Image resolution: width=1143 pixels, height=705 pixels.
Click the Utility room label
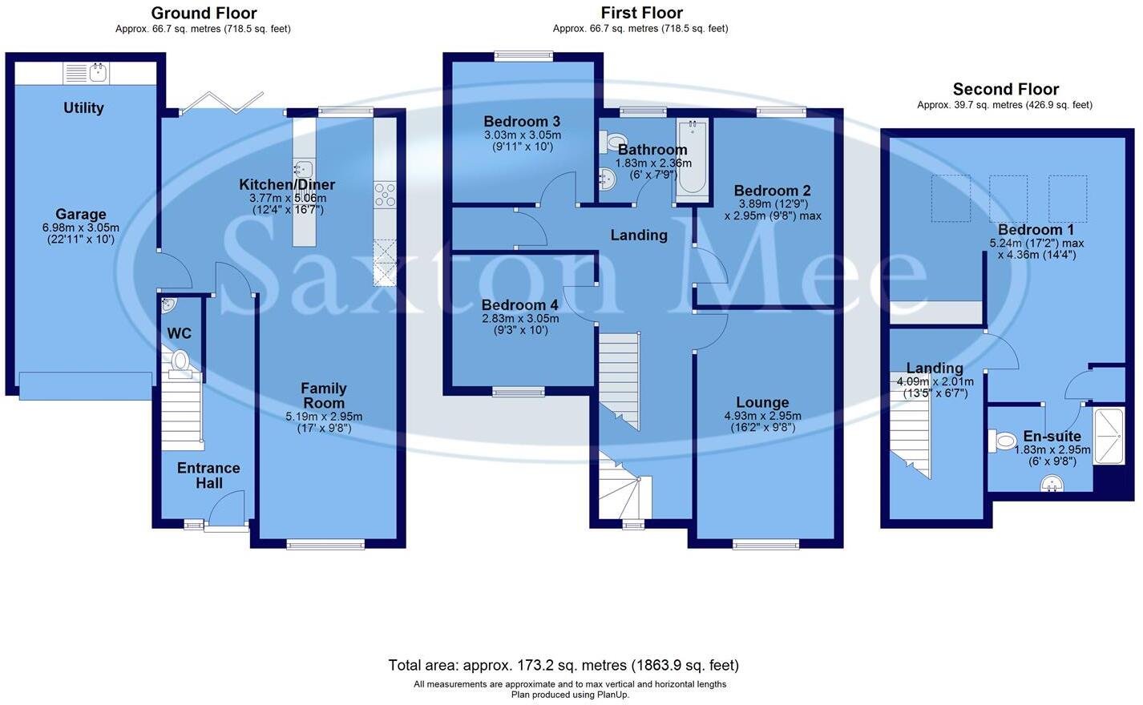pos(83,108)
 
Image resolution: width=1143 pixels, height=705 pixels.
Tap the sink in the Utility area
pos(99,74)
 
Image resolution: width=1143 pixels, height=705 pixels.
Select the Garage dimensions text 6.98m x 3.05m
pos(80,228)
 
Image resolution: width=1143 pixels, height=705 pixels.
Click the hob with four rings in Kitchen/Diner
pos(385,195)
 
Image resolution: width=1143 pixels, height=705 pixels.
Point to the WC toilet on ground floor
pos(180,361)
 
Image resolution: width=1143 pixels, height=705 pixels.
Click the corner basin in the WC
pos(168,304)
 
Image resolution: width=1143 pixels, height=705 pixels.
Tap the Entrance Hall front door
pos(227,513)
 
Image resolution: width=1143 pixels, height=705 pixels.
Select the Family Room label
pos(324,396)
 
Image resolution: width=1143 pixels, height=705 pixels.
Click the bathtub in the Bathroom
pos(692,157)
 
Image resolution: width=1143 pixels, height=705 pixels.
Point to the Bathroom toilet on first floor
pos(615,142)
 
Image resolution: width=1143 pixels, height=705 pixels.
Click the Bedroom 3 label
pos(522,122)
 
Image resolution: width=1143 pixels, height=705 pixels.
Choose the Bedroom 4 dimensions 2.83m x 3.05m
pos(520,318)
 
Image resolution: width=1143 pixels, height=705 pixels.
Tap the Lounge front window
pos(765,545)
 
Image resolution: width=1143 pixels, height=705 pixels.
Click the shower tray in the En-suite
pos(1109,437)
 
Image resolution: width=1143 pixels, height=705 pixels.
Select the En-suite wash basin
pos(1051,483)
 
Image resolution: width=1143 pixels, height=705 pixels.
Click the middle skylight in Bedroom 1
pos(1008,199)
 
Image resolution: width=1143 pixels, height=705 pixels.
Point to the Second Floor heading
pos(1005,90)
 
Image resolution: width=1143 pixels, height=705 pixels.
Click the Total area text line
pos(563,665)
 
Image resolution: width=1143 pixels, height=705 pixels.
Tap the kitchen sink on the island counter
pos(304,168)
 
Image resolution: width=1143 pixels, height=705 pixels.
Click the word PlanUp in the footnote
pos(611,695)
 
